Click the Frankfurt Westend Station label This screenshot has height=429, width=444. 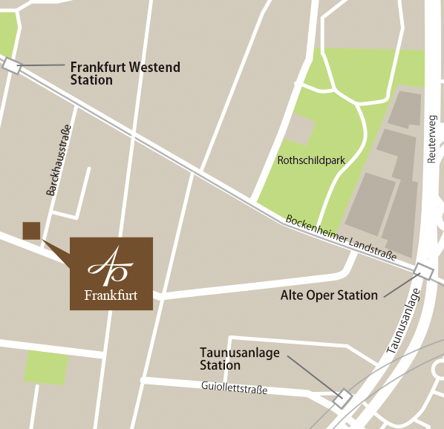click(x=125, y=73)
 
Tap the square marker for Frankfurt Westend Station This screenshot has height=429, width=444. click(x=12, y=65)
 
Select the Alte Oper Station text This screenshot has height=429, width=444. click(x=329, y=295)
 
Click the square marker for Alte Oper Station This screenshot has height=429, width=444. click(x=424, y=271)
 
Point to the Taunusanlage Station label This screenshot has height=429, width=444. click(x=239, y=358)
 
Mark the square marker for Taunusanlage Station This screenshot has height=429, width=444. click(x=342, y=398)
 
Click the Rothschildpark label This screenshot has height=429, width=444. click(x=311, y=160)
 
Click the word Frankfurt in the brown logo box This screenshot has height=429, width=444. click(x=111, y=295)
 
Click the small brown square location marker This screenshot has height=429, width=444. click(x=31, y=231)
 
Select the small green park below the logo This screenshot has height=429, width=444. click(x=47, y=367)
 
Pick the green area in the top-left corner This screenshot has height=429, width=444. click(x=7, y=34)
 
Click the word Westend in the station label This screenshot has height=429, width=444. click(x=154, y=67)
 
